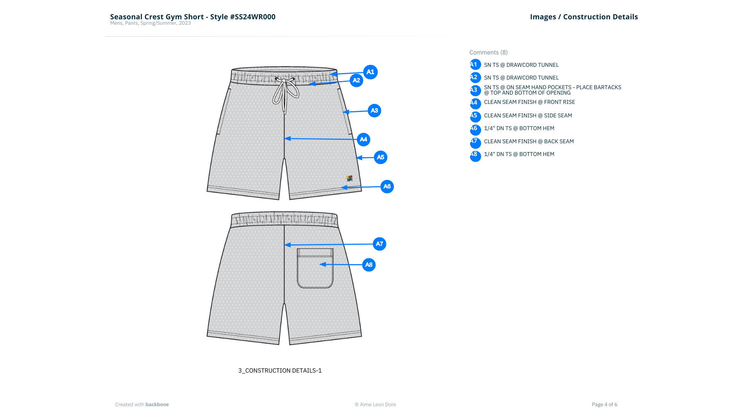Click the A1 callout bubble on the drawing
point(370,72)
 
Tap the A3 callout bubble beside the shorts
point(374,111)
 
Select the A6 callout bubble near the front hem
point(387,186)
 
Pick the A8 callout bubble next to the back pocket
point(369,265)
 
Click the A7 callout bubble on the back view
point(379,244)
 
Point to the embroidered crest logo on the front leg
point(349,178)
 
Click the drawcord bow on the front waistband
point(285,93)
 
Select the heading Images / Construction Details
point(584,17)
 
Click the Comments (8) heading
point(488,53)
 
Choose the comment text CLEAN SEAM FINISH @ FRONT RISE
point(529,102)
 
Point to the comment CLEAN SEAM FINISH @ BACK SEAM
point(529,142)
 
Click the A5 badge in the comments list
point(475,117)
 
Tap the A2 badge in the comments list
point(475,78)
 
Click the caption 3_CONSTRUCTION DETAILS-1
point(280,371)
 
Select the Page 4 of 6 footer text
point(604,405)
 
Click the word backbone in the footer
point(157,405)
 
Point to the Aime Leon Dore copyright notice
point(375,405)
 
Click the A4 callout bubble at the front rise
point(363,139)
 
